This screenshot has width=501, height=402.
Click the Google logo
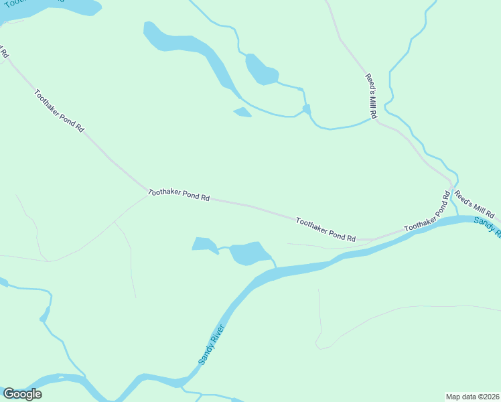tap(22, 394)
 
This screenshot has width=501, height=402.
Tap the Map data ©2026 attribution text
tap(472, 396)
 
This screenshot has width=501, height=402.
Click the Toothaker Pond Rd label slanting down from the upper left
tap(59, 111)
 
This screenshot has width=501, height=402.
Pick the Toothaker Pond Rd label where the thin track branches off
tap(179, 195)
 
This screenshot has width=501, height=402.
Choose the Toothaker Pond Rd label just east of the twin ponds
tap(325, 229)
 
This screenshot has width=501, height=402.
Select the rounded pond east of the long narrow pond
tap(260, 69)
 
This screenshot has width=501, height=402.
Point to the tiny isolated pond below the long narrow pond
tap(242, 112)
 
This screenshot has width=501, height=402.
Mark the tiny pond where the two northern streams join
tap(306, 109)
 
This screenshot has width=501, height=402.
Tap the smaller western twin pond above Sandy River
tap(204, 245)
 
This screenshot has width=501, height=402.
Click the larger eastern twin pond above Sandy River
tap(249, 253)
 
